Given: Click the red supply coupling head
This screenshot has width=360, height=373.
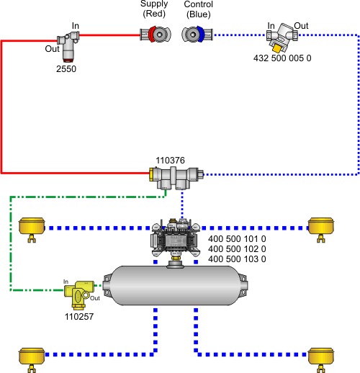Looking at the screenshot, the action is pos(156,35).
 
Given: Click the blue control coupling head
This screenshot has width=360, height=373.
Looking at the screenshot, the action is pos(197,35).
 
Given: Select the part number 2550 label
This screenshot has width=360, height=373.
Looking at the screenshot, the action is pos(66,69).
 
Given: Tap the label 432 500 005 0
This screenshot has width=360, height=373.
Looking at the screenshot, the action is pos(282,58).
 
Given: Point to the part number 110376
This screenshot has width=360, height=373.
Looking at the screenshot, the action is pos(170,161).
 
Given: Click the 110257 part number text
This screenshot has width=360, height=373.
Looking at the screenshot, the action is pos(79,317).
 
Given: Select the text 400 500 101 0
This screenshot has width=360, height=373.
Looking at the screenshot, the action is pos(237,239).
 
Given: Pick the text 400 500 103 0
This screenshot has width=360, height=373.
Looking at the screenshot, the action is pos(237,259).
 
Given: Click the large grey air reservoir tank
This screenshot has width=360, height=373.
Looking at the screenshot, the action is pos(176,285).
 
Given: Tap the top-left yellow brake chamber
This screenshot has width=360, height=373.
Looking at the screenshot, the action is pos(32,230).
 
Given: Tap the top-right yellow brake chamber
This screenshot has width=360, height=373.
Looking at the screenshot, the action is pos(321,230).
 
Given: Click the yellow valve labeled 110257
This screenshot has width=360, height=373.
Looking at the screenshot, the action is pos(79,295).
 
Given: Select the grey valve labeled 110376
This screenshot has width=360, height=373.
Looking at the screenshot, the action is pos(176,178).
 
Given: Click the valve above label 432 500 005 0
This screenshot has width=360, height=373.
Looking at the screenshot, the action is pos(282,37).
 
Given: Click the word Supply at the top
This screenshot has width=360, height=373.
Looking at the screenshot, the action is pos(154,4).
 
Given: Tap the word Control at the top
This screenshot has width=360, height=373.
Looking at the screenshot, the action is pos(199,4).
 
